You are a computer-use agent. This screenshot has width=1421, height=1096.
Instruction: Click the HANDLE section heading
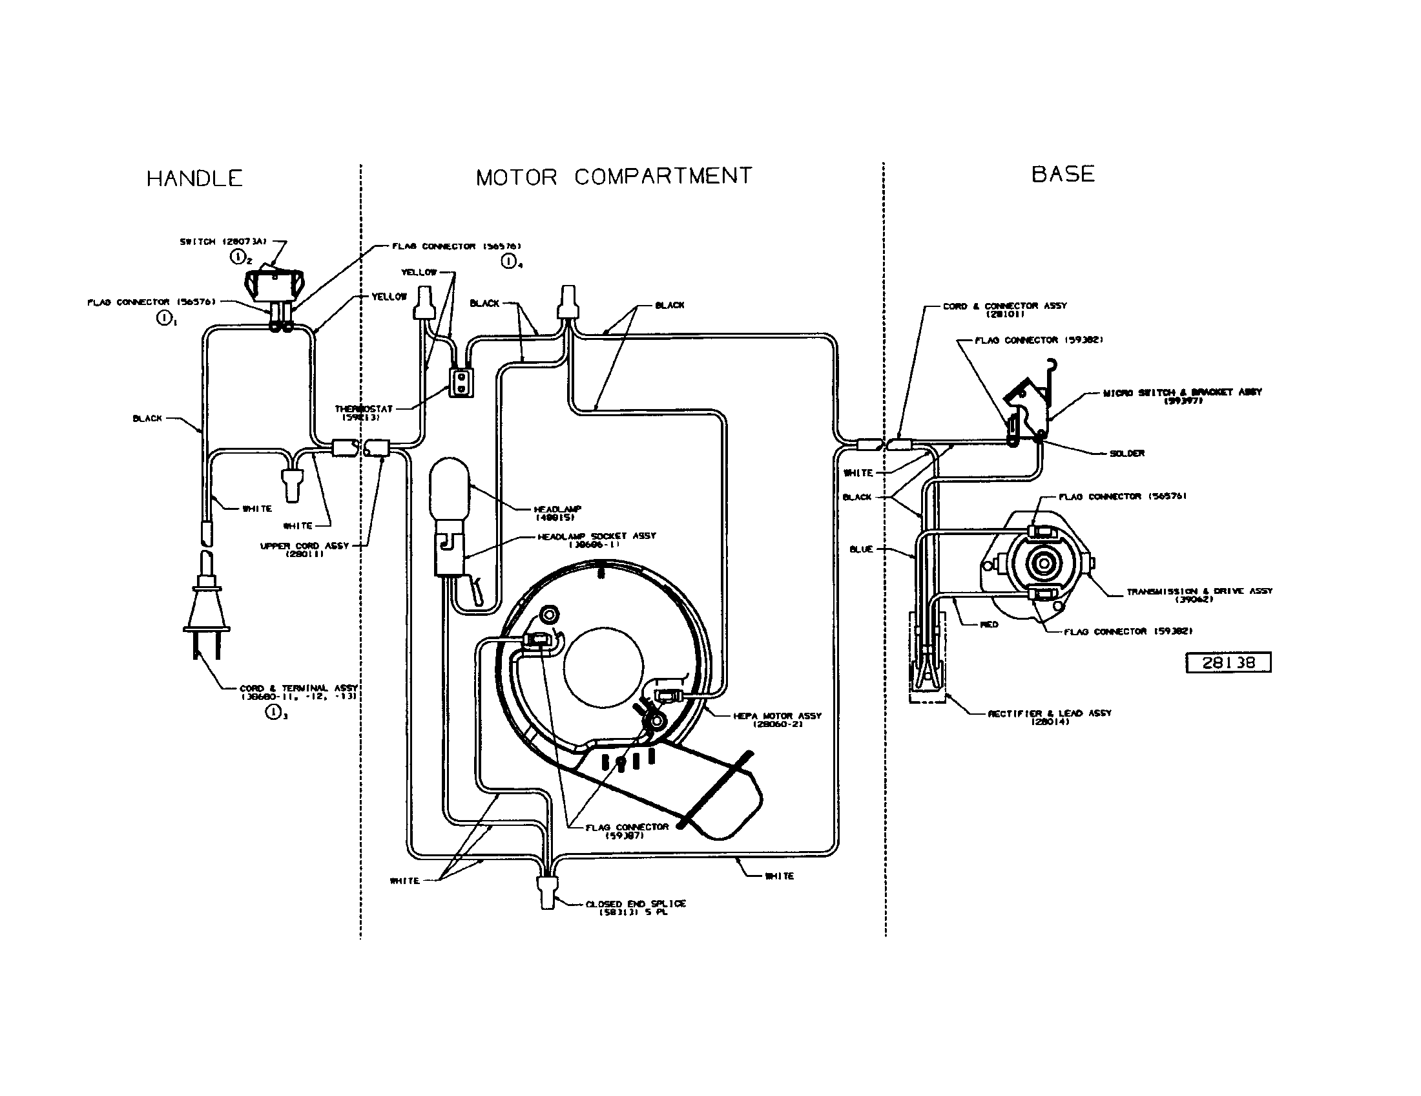click(194, 178)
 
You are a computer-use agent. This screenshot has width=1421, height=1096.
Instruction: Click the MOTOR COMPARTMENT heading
click(614, 176)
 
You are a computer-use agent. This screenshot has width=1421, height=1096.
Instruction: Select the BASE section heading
click(1063, 174)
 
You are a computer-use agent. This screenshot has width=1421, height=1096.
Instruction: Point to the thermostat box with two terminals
click(461, 382)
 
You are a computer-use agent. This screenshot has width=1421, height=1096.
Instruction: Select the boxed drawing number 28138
click(1228, 662)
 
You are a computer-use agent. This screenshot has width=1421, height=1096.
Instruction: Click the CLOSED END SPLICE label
click(635, 907)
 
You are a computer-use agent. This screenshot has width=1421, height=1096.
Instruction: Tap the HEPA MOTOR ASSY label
click(777, 719)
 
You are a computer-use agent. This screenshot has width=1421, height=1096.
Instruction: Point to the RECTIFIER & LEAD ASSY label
click(1050, 717)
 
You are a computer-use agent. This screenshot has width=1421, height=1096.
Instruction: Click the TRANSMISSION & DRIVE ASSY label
click(1199, 595)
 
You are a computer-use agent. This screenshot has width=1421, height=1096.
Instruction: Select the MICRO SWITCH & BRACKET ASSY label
click(1181, 395)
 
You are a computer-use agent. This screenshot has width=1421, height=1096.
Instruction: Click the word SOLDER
click(1126, 453)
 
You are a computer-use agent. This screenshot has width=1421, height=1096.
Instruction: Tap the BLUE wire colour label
click(860, 549)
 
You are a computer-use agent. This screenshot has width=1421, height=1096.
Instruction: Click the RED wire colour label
click(988, 624)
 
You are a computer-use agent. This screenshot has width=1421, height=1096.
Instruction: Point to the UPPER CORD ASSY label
click(304, 549)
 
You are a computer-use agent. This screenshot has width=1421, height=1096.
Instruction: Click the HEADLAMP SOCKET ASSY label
click(596, 539)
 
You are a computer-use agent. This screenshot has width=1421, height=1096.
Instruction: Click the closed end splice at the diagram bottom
click(546, 891)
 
